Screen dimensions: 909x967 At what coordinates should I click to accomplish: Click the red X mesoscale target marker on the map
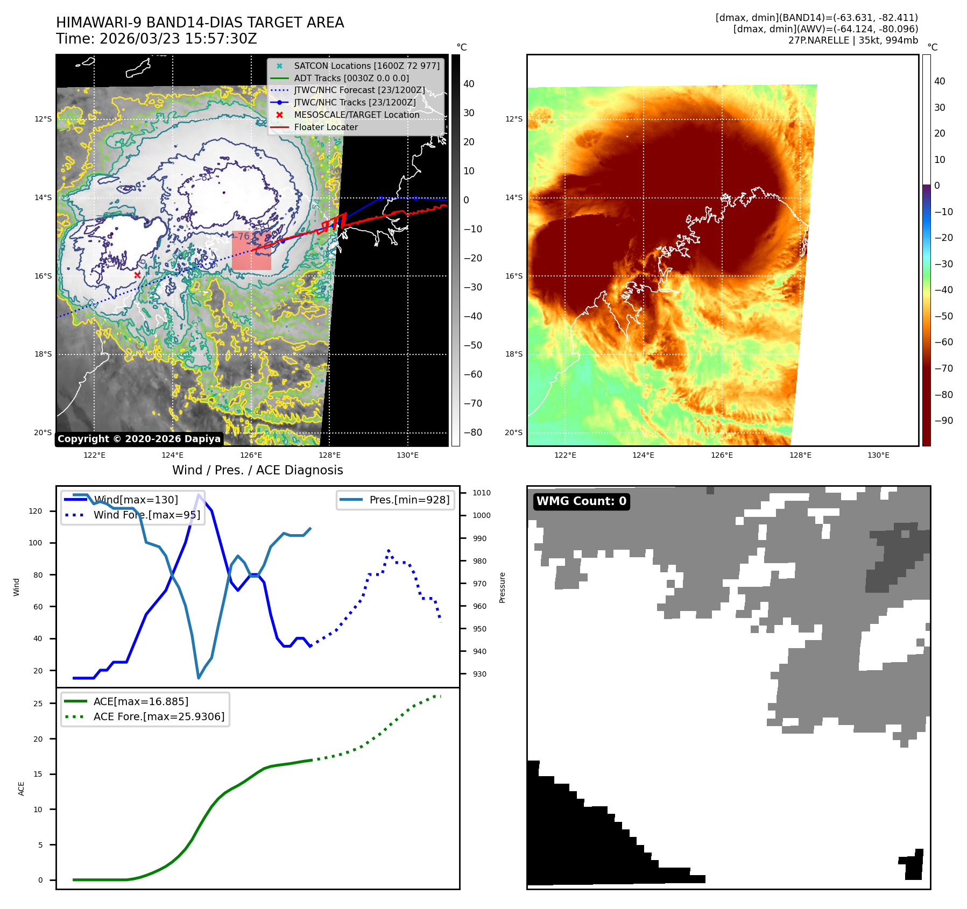(x=137, y=275)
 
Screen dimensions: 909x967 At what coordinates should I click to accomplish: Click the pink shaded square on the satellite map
(x=251, y=251)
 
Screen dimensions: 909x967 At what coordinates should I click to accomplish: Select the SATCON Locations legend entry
(x=366, y=66)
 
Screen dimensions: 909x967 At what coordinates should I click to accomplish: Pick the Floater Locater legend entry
(x=326, y=127)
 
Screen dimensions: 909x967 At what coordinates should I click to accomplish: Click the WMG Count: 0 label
(x=581, y=501)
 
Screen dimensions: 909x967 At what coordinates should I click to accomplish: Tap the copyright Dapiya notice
(x=139, y=439)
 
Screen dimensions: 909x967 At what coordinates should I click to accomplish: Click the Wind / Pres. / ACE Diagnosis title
(x=257, y=470)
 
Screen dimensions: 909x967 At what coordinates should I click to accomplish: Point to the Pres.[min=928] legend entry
(x=409, y=500)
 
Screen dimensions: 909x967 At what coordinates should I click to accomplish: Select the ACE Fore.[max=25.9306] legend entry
(x=159, y=716)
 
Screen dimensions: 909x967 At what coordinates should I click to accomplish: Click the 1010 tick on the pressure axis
(x=481, y=493)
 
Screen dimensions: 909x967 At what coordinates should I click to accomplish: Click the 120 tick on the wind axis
(x=36, y=511)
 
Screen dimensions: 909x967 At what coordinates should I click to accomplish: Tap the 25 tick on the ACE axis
(x=38, y=704)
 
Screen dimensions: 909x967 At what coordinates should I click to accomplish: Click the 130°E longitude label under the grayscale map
(x=407, y=455)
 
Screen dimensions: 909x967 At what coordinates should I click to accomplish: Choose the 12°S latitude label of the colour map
(x=513, y=119)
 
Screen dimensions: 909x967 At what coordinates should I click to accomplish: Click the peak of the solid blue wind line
(x=199, y=495)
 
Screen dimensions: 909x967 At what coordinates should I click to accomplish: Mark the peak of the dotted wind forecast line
(x=389, y=551)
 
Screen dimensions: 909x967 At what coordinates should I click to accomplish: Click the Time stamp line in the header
(x=156, y=39)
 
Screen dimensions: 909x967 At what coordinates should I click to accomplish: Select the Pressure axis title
(x=502, y=587)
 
